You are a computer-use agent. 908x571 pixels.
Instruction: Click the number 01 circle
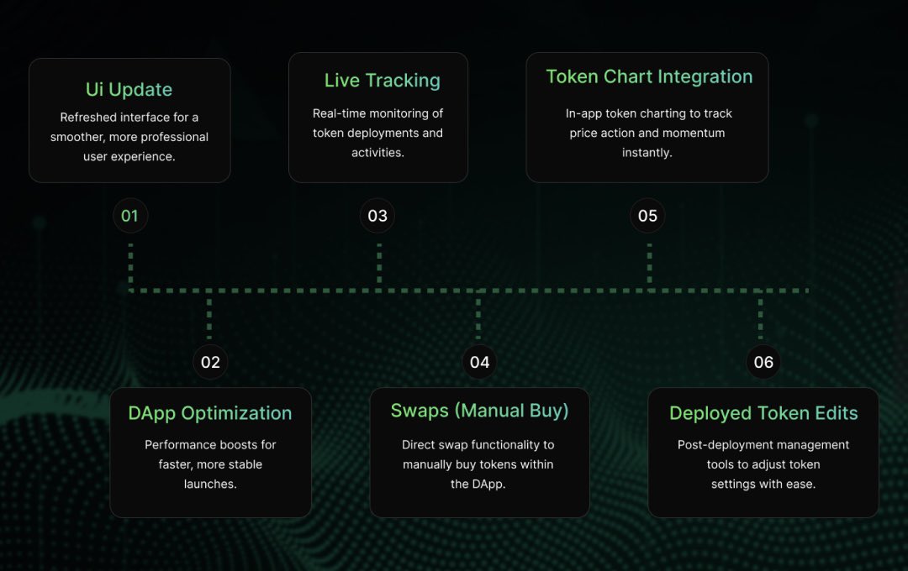[129, 216]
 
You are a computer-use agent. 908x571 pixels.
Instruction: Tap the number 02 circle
[210, 362]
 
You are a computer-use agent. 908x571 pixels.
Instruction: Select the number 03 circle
[377, 216]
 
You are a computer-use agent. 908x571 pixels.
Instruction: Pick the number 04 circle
[479, 362]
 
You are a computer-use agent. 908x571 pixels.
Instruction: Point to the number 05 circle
[647, 216]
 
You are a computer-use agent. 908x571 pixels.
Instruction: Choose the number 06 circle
[763, 362]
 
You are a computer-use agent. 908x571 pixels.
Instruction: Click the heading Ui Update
[129, 90]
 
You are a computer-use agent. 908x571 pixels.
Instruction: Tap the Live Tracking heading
[383, 81]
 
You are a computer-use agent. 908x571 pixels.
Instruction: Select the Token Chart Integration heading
[649, 76]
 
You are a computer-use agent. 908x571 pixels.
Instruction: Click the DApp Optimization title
[210, 413]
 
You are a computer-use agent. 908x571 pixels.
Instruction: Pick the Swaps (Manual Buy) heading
[479, 411]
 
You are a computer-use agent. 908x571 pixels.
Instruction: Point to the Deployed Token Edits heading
[763, 413]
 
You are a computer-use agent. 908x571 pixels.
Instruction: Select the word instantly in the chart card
[647, 152]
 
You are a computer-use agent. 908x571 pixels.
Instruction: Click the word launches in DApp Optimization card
[210, 484]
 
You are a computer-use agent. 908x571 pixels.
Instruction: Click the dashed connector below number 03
[379, 264]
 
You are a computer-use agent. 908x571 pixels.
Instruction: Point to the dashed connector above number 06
[761, 316]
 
